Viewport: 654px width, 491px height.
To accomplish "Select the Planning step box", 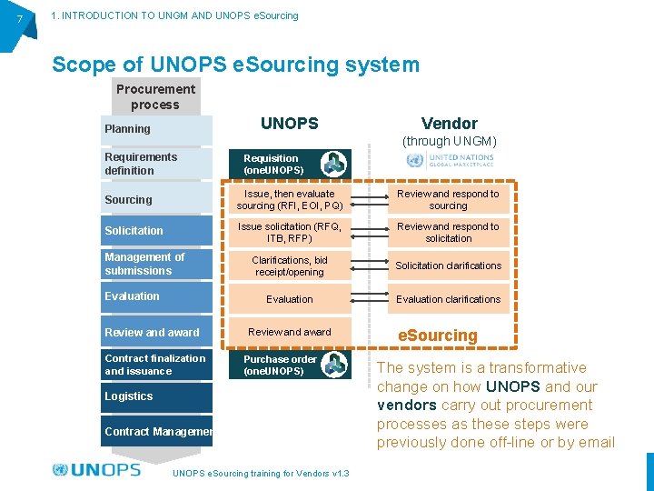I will [156, 129].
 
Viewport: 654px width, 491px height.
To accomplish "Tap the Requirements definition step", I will [156, 164].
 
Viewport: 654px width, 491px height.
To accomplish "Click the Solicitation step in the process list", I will [156, 231].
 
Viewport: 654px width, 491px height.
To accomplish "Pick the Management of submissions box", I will [156, 264].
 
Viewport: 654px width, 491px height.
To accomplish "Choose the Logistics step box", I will [156, 396].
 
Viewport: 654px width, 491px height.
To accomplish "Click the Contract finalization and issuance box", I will [156, 365].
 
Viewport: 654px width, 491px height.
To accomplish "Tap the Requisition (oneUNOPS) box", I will [272, 165].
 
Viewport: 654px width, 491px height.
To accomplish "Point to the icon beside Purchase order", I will [335, 365].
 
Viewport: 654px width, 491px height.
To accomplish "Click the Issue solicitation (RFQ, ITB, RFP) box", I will [289, 233].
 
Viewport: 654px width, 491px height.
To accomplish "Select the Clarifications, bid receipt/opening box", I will [289, 266].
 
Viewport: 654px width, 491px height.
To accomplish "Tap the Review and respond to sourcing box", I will [448, 200].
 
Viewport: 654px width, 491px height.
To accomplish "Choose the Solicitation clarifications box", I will [448, 266].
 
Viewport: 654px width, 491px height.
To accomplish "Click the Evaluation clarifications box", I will [448, 299].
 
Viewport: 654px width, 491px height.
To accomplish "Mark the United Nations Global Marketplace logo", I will [450, 161].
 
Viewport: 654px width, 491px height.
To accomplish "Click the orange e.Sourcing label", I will [438, 336].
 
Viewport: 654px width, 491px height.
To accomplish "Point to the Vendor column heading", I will [449, 124].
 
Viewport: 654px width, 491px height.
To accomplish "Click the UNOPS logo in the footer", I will [97, 470].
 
